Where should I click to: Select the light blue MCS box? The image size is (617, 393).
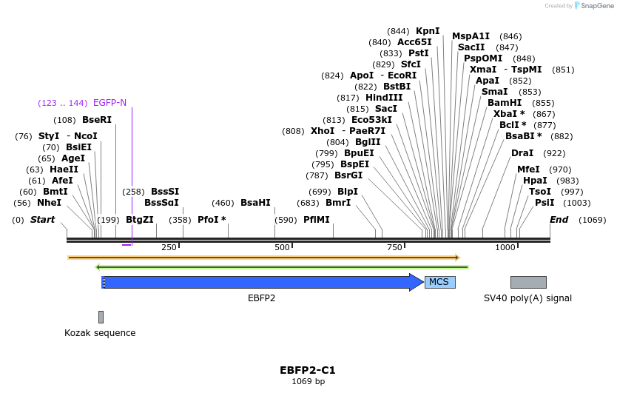[x=439, y=282]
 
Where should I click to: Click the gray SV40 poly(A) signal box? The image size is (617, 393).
[x=528, y=282]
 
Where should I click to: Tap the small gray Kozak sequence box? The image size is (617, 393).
[x=101, y=317]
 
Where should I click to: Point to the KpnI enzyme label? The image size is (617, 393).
[x=428, y=31]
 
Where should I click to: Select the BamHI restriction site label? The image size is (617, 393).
[x=505, y=103]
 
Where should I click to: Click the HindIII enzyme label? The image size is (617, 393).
[x=384, y=98]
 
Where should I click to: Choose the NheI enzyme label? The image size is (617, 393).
[x=49, y=203]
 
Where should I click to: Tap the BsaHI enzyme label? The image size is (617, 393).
[x=255, y=203]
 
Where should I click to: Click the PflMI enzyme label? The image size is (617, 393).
[x=317, y=220]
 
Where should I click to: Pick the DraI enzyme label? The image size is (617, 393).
[x=522, y=153]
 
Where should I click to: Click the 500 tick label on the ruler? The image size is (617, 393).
[x=282, y=247]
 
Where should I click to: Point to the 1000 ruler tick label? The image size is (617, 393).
[x=505, y=247]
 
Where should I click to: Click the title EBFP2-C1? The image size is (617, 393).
[x=308, y=370]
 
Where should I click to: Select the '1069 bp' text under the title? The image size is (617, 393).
[x=308, y=382]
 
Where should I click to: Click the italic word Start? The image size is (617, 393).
[x=42, y=220]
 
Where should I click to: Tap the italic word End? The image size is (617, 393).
[x=559, y=220]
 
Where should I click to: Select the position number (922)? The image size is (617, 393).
[x=554, y=153]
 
